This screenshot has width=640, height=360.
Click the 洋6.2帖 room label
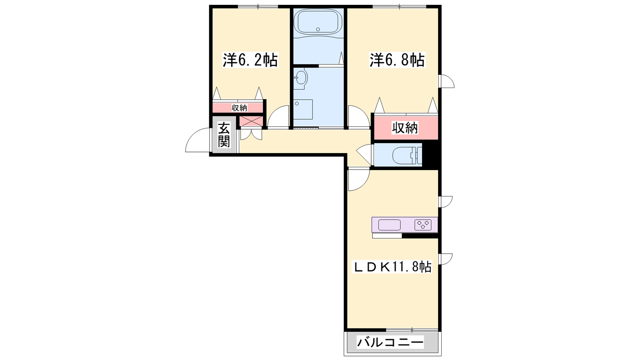[250, 60]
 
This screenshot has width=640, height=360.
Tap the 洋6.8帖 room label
[397, 60]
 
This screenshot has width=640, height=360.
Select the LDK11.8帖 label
[393, 267]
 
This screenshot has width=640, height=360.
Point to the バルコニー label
[390, 342]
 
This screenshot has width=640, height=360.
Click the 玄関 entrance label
[224, 135]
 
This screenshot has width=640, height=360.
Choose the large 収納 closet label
[405, 128]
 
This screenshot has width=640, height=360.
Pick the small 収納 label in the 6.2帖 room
[239, 108]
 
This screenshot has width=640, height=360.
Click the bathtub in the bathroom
[320, 22]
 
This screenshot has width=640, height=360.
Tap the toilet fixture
[407, 155]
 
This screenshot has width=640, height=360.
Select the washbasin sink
[300, 77]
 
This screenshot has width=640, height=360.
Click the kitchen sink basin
[389, 225]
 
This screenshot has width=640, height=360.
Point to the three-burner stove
[422, 225]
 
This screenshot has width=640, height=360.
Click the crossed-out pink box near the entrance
[250, 121]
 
